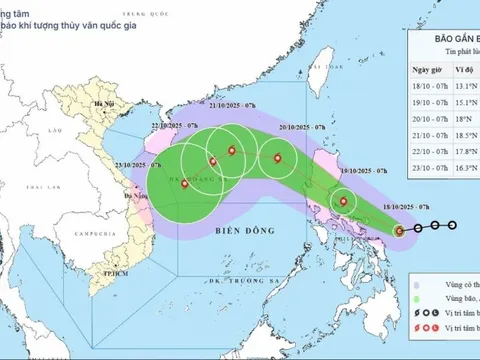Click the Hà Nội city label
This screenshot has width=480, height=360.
(x=99, y=104)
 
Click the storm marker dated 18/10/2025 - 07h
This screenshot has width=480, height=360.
(x=399, y=231)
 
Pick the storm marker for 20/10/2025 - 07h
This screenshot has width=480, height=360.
(x=278, y=157)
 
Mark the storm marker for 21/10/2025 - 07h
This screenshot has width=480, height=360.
(x=233, y=151)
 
